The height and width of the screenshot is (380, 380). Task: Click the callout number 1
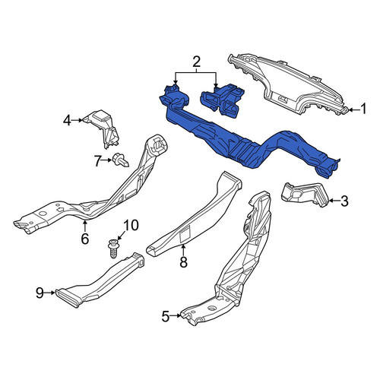[x=363, y=109]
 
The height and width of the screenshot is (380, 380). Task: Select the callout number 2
[x=196, y=62]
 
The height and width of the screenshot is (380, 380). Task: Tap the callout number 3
[x=344, y=201]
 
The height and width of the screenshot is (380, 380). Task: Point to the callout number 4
[x=67, y=120]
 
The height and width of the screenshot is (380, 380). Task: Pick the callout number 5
[x=165, y=316]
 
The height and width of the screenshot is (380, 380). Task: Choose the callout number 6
[x=85, y=239]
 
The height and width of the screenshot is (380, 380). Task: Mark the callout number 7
[x=98, y=161]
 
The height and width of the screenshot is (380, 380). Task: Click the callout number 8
[x=183, y=261]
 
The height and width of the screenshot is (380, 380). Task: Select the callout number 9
[x=40, y=293]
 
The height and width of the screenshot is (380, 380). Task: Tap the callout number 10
[x=131, y=225]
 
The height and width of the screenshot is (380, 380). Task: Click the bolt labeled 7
[x=121, y=160]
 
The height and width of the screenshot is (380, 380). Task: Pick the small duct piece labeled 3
[x=306, y=194]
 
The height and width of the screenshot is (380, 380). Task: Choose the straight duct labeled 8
[x=195, y=214]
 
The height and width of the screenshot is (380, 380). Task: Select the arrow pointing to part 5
[x=176, y=315]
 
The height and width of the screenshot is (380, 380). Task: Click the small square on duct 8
[x=185, y=235]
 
